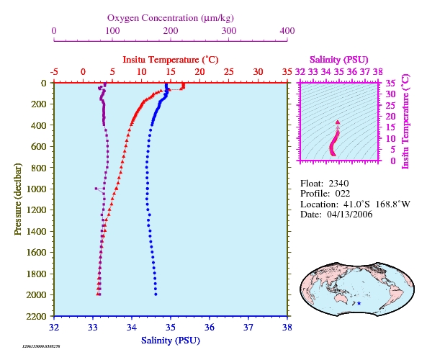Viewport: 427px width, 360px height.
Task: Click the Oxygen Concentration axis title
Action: tap(171, 18)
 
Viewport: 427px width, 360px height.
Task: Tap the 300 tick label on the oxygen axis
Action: tap(229, 31)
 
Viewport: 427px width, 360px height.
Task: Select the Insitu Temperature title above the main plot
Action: tap(171, 60)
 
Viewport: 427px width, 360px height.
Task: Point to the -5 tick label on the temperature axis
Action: tap(54, 72)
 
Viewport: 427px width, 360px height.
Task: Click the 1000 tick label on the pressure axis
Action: tap(36, 189)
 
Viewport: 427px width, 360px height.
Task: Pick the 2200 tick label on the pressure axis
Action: tap(36, 316)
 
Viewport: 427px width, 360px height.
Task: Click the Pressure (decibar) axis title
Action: tap(18, 199)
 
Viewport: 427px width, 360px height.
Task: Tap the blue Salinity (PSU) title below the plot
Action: tap(171, 341)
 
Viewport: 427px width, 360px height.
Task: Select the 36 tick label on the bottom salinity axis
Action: tap(210, 328)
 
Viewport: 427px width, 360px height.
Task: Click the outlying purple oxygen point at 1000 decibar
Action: tap(96, 189)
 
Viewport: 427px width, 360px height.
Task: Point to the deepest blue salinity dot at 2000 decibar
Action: tap(156, 294)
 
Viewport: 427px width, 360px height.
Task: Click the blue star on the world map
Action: tap(359, 303)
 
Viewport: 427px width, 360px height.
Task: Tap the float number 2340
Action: tap(338, 184)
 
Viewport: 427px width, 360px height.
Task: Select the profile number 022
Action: tap(343, 194)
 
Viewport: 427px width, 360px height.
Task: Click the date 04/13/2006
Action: tap(350, 215)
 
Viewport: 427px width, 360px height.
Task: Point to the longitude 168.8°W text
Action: tap(392, 204)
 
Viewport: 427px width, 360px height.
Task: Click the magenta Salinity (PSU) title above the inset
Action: tap(338, 60)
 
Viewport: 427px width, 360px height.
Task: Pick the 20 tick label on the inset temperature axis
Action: tap(390, 117)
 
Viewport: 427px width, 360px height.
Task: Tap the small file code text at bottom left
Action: tap(41, 346)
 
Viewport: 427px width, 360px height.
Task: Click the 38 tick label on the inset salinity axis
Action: tap(378, 72)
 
